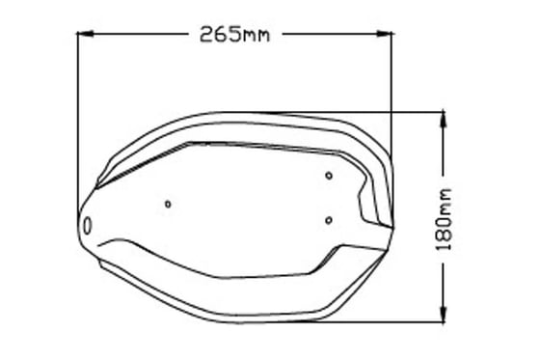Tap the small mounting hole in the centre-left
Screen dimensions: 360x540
168,204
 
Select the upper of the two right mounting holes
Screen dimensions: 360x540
329,175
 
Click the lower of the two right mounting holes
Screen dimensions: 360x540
329,220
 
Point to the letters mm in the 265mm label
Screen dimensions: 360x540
256,37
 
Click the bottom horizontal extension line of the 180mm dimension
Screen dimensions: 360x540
386,321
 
